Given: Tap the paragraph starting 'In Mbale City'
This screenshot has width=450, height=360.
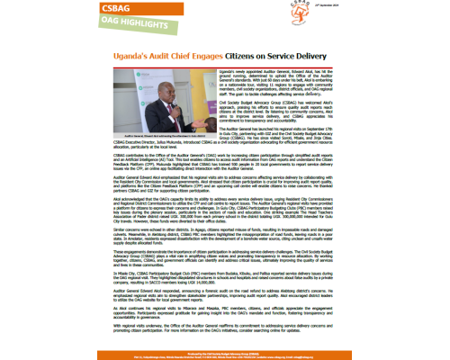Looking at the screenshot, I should click(224, 269).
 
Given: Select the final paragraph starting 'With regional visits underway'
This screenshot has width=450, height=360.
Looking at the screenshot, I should click(224, 326).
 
